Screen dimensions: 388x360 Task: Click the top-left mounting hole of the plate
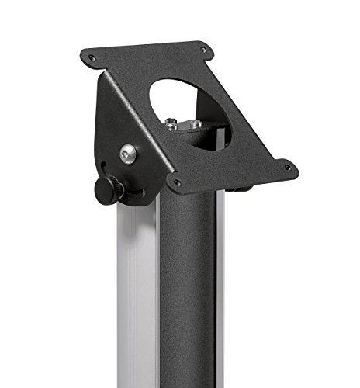(92, 57)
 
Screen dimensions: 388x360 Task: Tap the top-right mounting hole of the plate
(203, 49)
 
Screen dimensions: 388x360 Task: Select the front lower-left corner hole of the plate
(178, 183)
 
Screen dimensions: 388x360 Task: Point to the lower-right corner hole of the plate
(287, 166)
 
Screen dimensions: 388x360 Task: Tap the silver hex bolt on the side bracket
(128, 154)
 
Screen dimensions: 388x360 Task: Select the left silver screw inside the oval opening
(171, 121)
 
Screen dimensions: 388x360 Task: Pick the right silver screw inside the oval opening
(196, 123)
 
